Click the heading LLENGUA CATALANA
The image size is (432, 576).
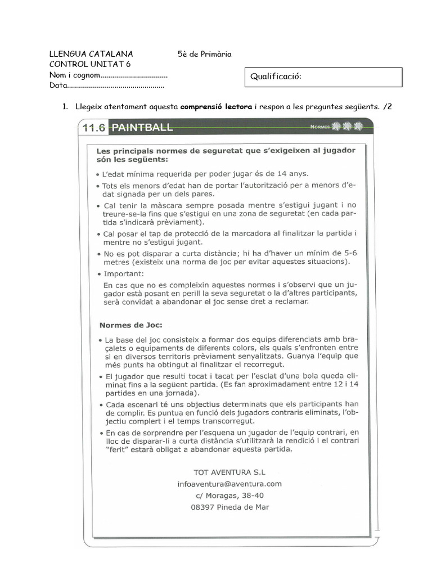(x=91, y=54)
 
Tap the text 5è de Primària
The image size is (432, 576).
(x=204, y=54)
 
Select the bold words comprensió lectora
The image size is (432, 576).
(x=216, y=106)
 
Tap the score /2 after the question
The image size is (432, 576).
(x=387, y=106)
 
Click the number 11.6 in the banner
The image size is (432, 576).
(x=94, y=128)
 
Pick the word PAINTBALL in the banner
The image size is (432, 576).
(x=142, y=128)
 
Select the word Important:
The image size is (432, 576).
(x=124, y=274)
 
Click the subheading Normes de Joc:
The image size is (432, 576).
(x=130, y=325)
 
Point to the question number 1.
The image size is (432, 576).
(x=65, y=106)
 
